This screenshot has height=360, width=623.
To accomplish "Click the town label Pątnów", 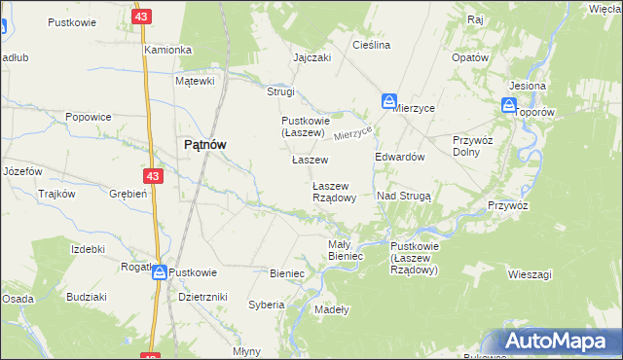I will [205, 144].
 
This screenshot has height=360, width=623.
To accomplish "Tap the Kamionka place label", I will [167, 49].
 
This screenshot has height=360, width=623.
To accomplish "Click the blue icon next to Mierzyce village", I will [388, 101].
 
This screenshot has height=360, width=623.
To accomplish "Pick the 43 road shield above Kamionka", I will [142, 18].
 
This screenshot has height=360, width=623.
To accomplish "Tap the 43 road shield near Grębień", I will [152, 176].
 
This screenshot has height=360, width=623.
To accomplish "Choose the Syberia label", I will [266, 305].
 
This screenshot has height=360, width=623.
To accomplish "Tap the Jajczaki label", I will [312, 57].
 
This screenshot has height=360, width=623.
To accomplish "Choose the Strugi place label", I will [280, 91].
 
